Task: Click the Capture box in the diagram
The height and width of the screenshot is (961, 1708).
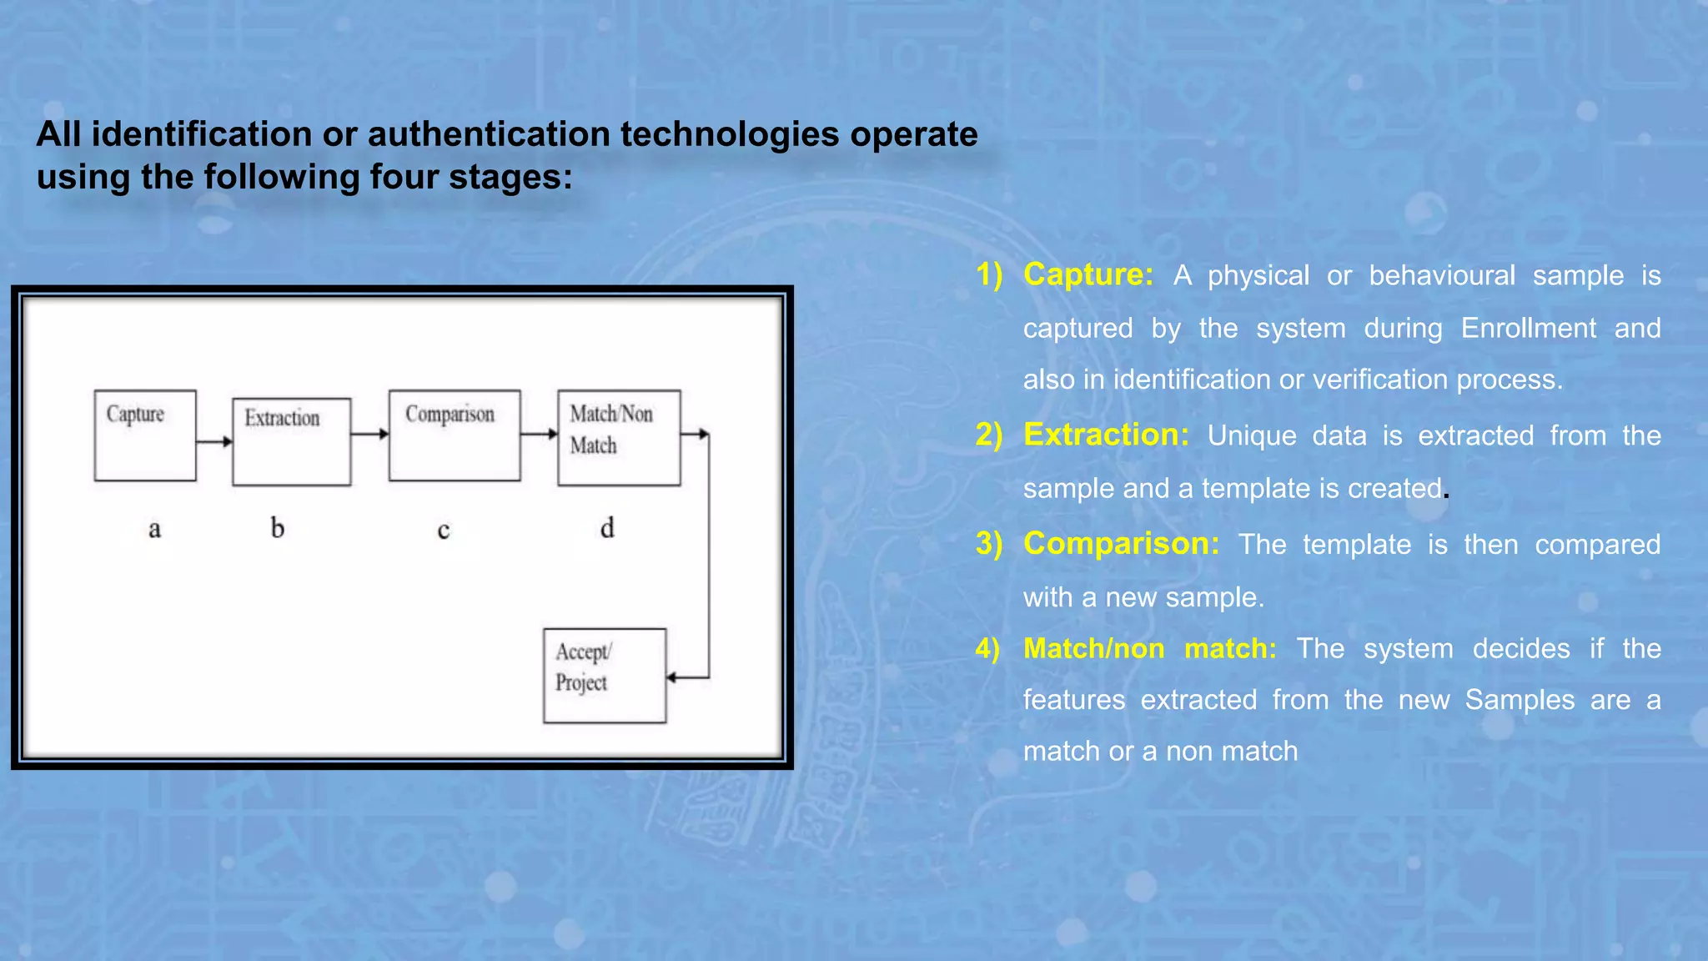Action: [145, 435]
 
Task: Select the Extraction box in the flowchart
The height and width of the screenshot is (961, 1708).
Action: [291, 441]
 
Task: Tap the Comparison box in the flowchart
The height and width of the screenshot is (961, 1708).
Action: [455, 435]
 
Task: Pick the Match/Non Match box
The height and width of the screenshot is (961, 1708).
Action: [619, 437]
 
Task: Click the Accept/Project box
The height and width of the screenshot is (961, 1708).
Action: [605, 676]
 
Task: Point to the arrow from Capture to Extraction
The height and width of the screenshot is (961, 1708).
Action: [214, 441]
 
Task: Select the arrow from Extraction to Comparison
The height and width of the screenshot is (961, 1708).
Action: [369, 434]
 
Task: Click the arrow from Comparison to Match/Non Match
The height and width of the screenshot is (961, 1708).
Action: [539, 434]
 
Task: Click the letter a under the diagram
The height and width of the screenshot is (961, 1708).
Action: [154, 529]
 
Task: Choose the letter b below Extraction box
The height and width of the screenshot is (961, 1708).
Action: [278, 528]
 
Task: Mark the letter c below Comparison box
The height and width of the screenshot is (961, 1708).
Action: [444, 530]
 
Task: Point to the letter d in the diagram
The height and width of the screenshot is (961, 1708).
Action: [607, 528]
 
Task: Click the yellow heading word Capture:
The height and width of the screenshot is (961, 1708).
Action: [1088, 274]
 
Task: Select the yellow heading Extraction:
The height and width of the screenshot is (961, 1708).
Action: [1106, 435]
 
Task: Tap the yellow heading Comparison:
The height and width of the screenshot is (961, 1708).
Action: [1121, 544]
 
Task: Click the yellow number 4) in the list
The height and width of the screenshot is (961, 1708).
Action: [987, 648]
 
